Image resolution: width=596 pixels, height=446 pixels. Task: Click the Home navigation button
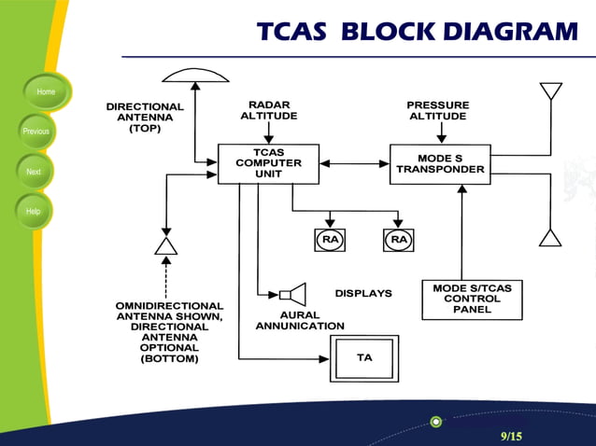(x=45, y=91)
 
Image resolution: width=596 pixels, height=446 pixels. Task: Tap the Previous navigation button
(x=35, y=132)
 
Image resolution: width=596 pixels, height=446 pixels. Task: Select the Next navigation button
(x=34, y=172)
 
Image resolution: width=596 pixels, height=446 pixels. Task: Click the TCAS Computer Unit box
(x=268, y=163)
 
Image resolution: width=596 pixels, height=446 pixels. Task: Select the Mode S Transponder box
(x=440, y=164)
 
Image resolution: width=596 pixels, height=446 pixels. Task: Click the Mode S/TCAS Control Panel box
(x=472, y=300)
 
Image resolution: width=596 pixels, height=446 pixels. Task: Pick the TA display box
(x=364, y=358)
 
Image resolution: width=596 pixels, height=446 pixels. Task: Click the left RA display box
(x=330, y=240)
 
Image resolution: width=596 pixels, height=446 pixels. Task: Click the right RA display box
(x=399, y=240)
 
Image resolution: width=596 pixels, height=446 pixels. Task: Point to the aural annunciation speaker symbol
(x=294, y=296)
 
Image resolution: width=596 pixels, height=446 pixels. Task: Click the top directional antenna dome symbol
(x=194, y=74)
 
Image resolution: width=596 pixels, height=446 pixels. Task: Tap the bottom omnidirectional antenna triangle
(x=165, y=244)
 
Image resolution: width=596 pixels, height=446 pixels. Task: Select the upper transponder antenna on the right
(x=550, y=91)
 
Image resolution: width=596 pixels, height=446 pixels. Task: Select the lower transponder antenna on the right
(x=550, y=236)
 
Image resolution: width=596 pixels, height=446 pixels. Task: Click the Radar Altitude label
(x=268, y=110)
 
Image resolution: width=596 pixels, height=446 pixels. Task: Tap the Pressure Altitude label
(x=437, y=110)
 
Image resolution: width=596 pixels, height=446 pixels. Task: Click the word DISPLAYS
(x=363, y=293)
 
